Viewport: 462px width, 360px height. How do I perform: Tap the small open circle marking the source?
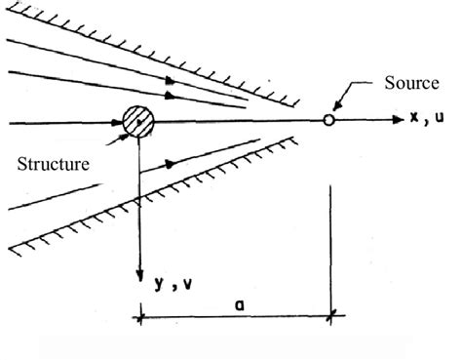(329, 121)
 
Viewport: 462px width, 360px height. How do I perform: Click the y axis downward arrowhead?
(142, 274)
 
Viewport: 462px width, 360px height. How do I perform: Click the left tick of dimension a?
(142, 314)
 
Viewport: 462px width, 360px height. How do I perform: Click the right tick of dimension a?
(331, 314)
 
